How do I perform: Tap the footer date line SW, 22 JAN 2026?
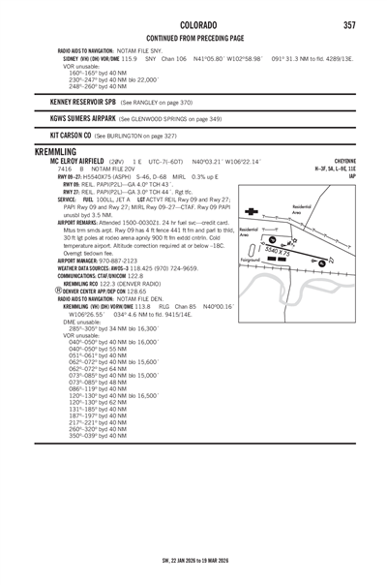(x=193, y=559)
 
